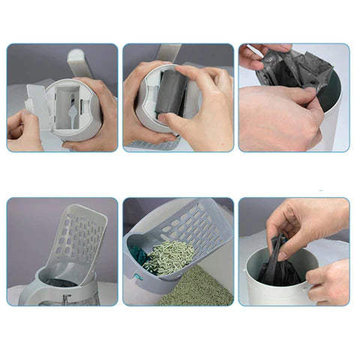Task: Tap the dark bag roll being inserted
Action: [175, 92]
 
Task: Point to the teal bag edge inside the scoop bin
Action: [137, 255]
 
